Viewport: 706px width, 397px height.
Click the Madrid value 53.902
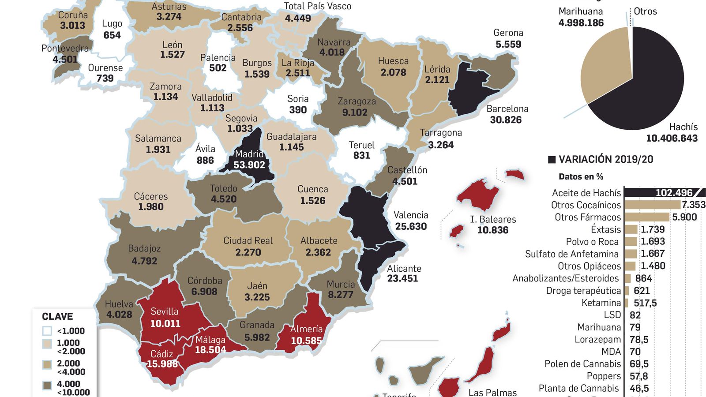(x=249, y=165)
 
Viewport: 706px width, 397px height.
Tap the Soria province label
(x=298, y=99)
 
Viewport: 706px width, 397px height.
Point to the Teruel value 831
(x=361, y=155)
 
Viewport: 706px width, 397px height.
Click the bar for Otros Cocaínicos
(x=652, y=205)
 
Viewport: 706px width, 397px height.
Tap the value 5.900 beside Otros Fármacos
(x=684, y=217)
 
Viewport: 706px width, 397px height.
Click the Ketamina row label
(x=601, y=303)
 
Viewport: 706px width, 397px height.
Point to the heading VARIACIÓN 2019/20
(x=605, y=159)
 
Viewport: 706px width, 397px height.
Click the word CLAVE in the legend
(x=57, y=316)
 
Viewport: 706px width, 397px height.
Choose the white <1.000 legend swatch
(x=47, y=331)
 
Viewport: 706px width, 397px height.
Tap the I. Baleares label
(x=493, y=219)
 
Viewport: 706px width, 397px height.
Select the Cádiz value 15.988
(x=162, y=364)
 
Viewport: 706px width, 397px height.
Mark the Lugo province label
(x=112, y=24)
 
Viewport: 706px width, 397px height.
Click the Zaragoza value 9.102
(x=355, y=112)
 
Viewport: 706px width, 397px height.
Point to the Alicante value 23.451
(x=402, y=278)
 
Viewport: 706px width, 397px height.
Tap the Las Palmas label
(x=492, y=392)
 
